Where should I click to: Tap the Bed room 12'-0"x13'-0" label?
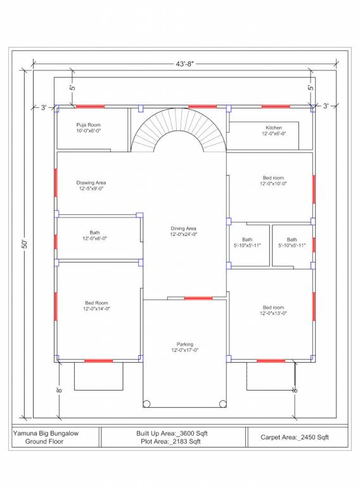click(274, 310)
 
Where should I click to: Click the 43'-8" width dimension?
click(184, 63)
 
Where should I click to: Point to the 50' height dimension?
click(24, 243)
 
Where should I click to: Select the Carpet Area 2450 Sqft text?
click(295, 437)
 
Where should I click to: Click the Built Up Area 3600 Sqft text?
click(172, 433)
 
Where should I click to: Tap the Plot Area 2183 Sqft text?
click(172, 441)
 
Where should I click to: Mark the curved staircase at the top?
click(179, 130)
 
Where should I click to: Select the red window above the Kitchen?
click(276, 107)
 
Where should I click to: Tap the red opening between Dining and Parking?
click(198, 297)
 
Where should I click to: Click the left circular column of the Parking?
click(147, 403)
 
